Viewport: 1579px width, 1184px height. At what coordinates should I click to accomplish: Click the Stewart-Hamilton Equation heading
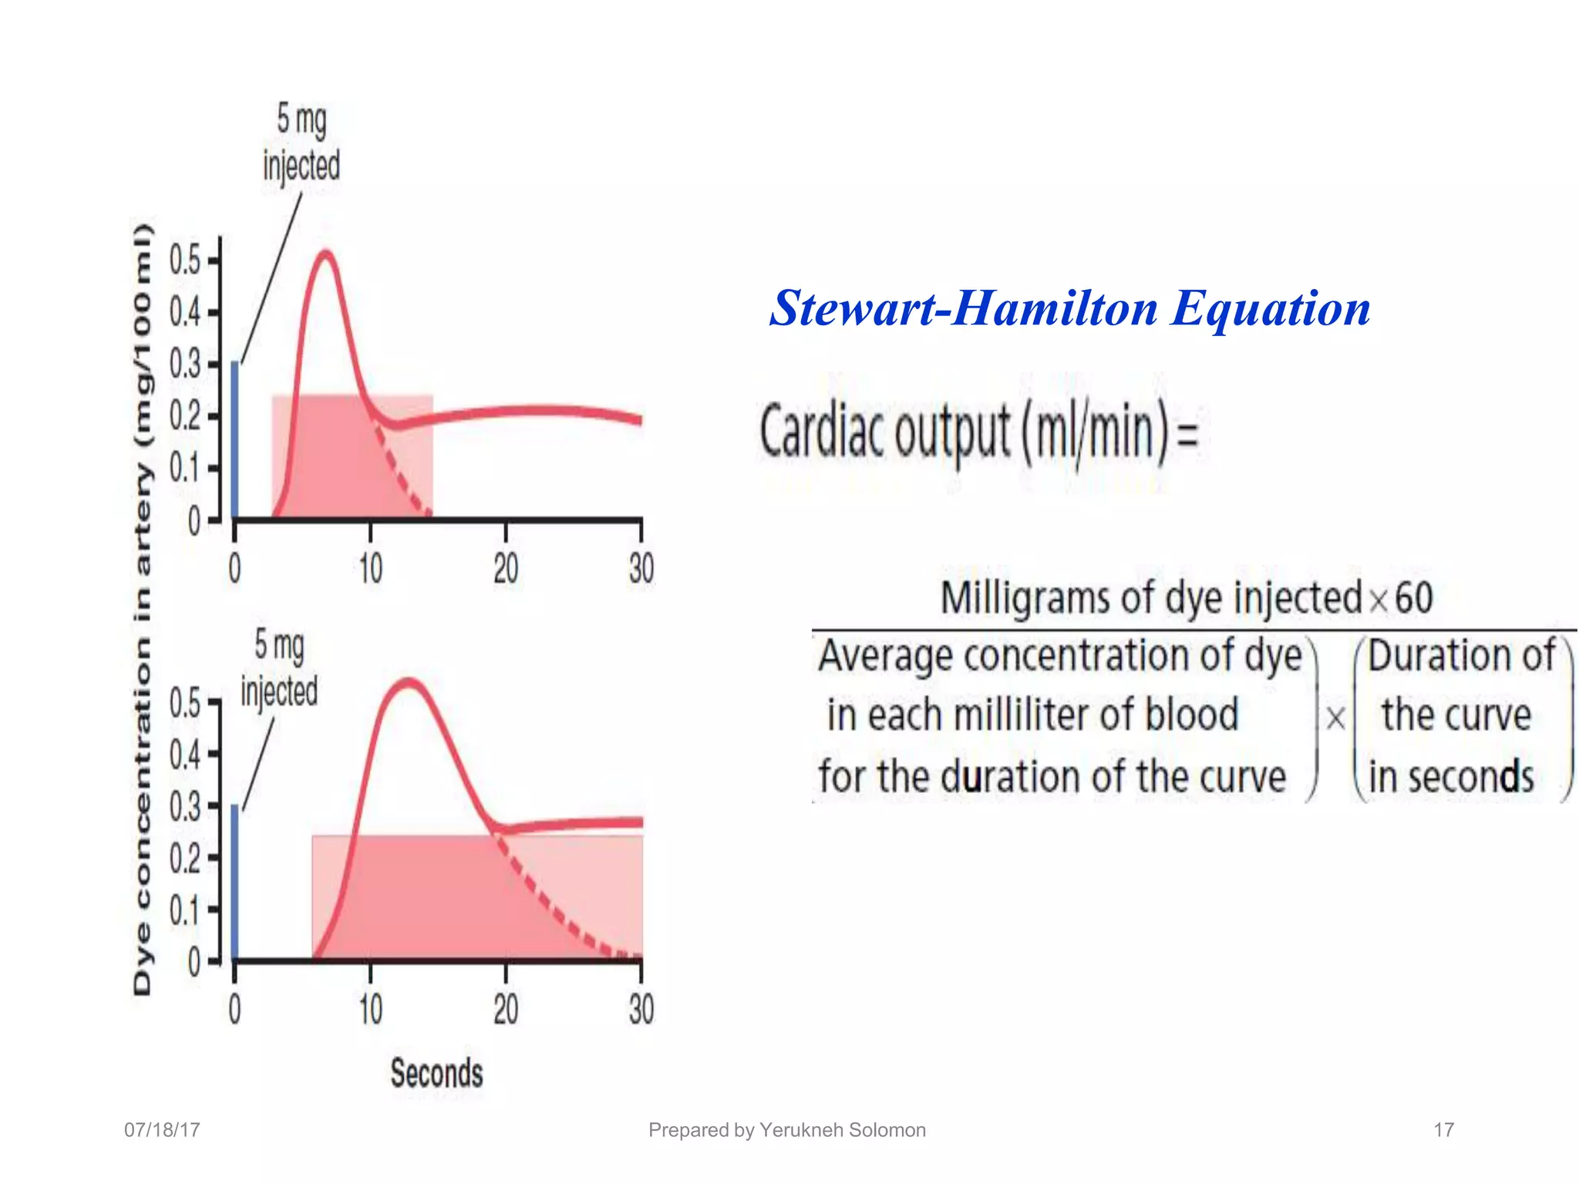pyautogui.click(x=1070, y=308)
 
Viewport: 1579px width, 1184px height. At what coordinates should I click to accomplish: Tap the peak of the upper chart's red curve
pyautogui.click(x=326, y=254)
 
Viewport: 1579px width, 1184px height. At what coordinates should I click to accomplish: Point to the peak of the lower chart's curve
pyautogui.click(x=409, y=683)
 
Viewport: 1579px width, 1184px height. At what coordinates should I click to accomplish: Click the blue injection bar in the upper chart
pyautogui.click(x=235, y=439)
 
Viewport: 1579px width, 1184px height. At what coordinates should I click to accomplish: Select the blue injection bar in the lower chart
pyautogui.click(x=235, y=882)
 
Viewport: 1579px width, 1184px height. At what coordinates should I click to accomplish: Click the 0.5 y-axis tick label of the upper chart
pyautogui.click(x=184, y=261)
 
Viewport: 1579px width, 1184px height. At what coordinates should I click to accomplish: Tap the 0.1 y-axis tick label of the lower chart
pyautogui.click(x=184, y=910)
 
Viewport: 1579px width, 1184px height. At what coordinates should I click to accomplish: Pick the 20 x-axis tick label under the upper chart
pyautogui.click(x=506, y=570)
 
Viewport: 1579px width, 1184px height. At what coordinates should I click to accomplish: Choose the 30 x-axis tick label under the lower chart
pyautogui.click(x=641, y=1009)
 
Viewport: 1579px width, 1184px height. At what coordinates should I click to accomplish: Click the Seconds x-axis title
pyautogui.click(x=436, y=1073)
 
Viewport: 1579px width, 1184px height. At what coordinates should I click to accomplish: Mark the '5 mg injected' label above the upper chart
pyautogui.click(x=301, y=143)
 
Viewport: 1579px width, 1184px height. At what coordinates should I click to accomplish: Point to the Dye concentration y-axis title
pyautogui.click(x=143, y=609)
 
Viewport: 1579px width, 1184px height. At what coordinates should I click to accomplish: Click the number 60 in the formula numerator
pyautogui.click(x=1414, y=598)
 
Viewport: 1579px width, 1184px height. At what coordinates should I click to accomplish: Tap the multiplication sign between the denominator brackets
pyautogui.click(x=1335, y=718)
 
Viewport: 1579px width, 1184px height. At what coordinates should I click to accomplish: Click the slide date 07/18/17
pyautogui.click(x=162, y=1130)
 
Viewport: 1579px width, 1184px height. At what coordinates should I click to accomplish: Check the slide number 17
pyautogui.click(x=1443, y=1130)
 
